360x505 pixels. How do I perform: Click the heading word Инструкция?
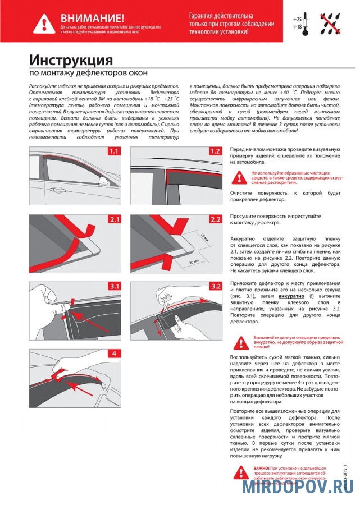click(x=71, y=60)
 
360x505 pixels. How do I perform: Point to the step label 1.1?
click(x=115, y=151)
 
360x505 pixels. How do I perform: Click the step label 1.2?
click(x=215, y=151)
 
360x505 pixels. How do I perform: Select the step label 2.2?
click(x=215, y=219)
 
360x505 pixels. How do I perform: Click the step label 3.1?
click(x=115, y=286)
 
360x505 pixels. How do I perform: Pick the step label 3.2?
click(x=215, y=286)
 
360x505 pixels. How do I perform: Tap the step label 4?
click(x=115, y=353)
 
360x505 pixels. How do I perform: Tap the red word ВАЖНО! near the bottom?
click(x=261, y=467)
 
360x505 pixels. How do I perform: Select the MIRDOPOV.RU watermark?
click(x=298, y=486)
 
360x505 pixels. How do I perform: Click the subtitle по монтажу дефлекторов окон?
click(x=88, y=74)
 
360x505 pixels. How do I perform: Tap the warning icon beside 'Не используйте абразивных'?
click(x=240, y=178)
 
